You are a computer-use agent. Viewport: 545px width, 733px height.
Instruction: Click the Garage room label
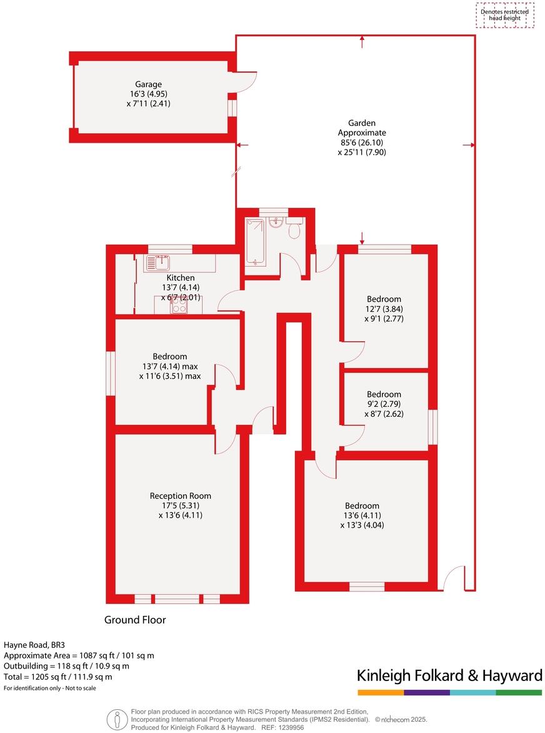pyautogui.click(x=148, y=85)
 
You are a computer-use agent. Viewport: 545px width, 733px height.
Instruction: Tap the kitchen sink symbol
pyautogui.click(x=159, y=262)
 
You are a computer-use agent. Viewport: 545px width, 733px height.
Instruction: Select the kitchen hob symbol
pyautogui.click(x=179, y=305)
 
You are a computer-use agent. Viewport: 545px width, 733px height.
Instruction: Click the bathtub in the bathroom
pyautogui.click(x=255, y=242)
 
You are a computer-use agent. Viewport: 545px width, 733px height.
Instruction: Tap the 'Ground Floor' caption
pyautogui.click(x=135, y=620)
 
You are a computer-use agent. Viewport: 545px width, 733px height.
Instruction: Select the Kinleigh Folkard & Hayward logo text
pyautogui.click(x=449, y=675)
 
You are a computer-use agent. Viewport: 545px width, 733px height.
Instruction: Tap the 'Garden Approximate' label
pyautogui.click(x=362, y=128)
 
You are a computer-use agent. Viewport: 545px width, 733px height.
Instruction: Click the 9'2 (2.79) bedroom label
pyautogui.click(x=384, y=394)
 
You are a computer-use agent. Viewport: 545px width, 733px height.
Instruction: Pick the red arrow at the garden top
pyautogui.click(x=362, y=41)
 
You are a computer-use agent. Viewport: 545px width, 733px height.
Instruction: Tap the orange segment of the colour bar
pyautogui.click(x=381, y=692)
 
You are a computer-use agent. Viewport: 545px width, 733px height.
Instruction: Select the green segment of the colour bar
pyautogui.click(x=519, y=692)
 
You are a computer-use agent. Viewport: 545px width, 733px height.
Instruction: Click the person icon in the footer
pyautogui.click(x=115, y=719)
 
